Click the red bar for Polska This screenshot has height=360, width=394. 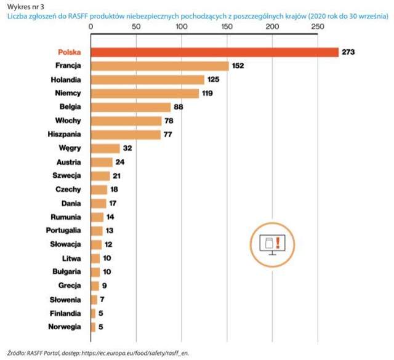[214, 52]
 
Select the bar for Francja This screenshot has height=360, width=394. [159, 66]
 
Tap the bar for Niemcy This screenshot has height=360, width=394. [145, 94]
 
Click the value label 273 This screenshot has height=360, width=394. [349, 52]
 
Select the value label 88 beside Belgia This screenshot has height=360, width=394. [180, 107]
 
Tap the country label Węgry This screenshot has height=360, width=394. [73, 148]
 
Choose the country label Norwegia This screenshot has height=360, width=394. [66, 327]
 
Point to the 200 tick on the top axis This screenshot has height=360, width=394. [272, 27]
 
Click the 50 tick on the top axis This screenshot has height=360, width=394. [136, 27]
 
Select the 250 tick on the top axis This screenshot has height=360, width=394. [317, 27]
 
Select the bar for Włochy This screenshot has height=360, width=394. [126, 121]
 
